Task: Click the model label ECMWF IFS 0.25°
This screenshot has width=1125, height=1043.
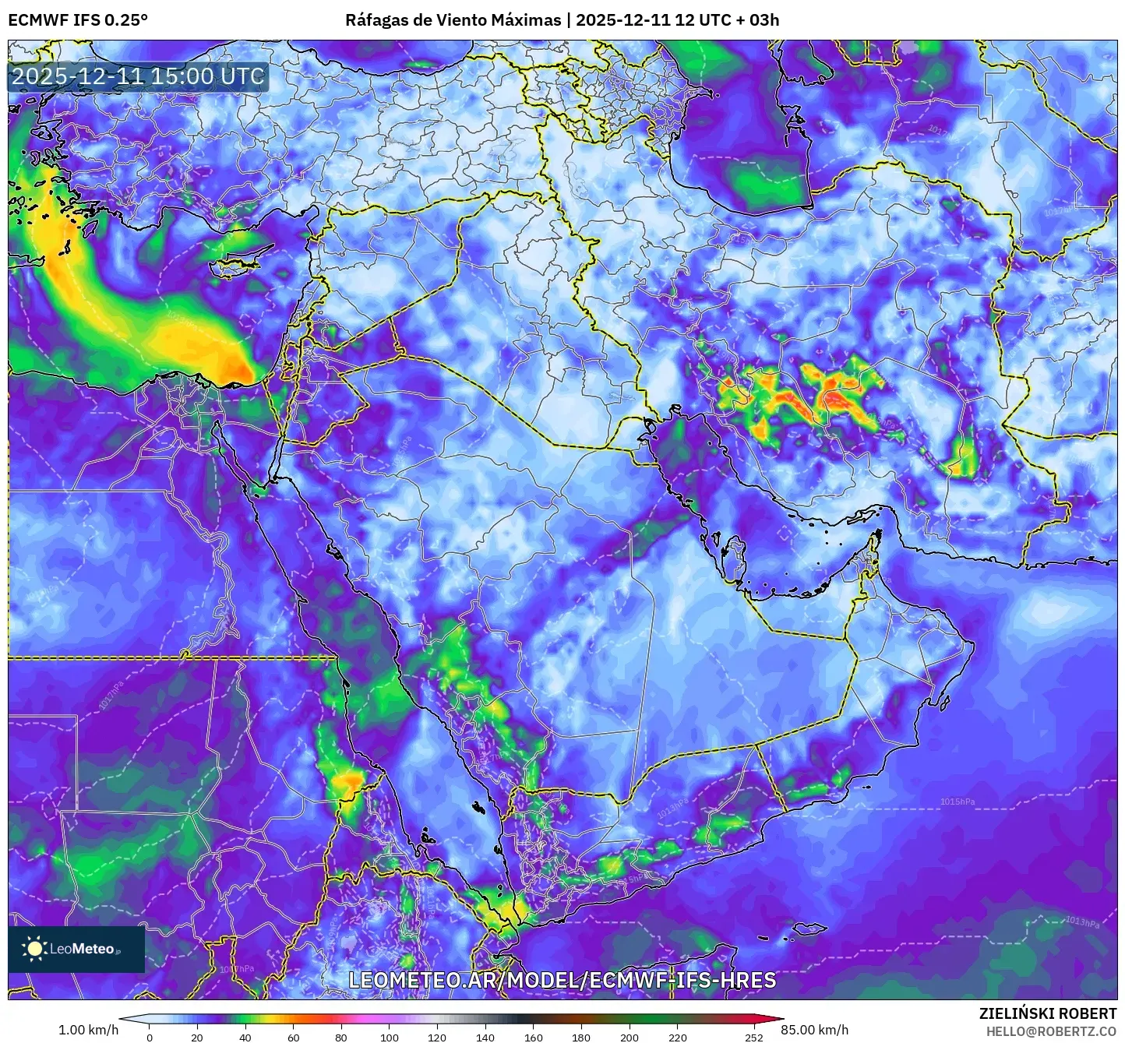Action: click(78, 20)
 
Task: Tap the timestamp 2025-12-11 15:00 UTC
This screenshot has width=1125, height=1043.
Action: click(138, 76)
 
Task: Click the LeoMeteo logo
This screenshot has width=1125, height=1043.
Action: click(76, 949)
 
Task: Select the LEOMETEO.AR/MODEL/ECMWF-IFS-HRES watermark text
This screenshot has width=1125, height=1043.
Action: click(562, 980)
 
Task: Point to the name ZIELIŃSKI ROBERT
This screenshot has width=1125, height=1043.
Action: click(1047, 1013)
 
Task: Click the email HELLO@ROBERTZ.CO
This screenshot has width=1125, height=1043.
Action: click(1051, 1031)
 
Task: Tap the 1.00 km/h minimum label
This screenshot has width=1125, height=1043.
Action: click(89, 1030)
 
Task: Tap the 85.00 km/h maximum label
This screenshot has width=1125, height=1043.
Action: click(815, 1030)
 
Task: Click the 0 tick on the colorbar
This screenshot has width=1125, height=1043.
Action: click(150, 1037)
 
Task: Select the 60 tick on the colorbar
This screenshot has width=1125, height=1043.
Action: click(294, 1037)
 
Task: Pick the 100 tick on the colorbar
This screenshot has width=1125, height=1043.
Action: click(390, 1037)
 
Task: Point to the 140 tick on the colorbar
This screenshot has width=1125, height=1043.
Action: click(485, 1037)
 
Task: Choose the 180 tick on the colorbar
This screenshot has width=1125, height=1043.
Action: click(581, 1037)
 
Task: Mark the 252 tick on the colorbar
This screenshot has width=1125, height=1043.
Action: click(753, 1037)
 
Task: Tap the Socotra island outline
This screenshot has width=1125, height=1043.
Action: click(810, 929)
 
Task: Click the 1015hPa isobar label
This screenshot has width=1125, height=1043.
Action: click(957, 802)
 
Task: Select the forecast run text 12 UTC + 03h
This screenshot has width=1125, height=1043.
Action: click(727, 20)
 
